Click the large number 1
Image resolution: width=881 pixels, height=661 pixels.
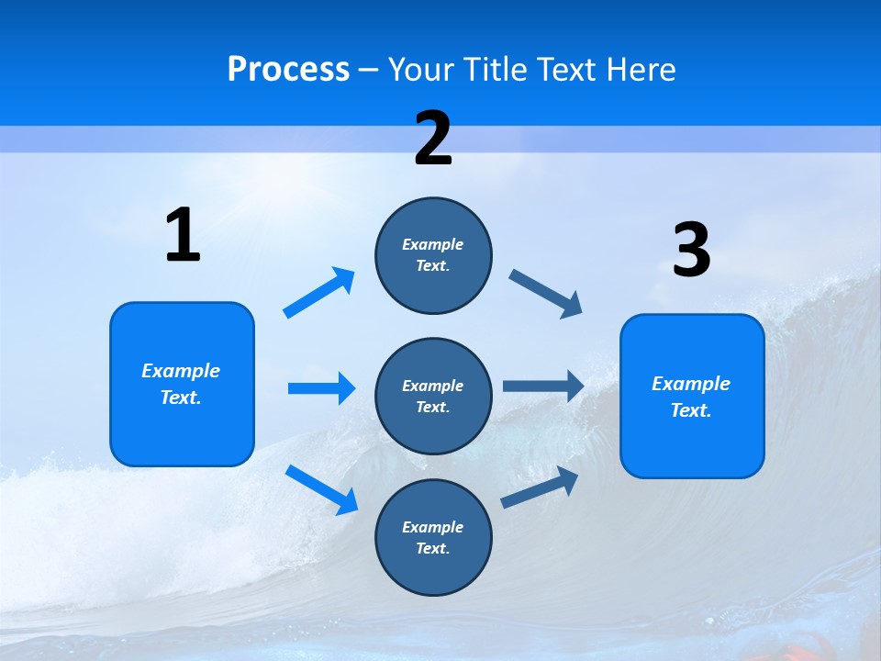[183, 236]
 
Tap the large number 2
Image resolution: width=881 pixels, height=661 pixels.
[433, 139]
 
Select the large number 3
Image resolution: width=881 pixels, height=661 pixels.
[691, 251]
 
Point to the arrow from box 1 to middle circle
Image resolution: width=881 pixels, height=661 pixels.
[321, 388]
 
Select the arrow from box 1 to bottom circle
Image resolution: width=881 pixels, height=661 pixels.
[321, 488]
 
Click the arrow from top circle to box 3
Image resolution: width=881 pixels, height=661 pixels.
[546, 293]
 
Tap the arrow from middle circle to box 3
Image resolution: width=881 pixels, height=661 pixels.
[543, 387]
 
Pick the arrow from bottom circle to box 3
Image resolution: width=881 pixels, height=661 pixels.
[540, 487]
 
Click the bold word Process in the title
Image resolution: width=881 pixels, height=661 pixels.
[288, 69]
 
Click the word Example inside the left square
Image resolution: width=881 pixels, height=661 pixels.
[181, 371]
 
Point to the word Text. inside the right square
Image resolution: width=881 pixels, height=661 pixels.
[691, 410]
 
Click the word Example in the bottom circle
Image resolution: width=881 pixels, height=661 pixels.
[433, 527]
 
